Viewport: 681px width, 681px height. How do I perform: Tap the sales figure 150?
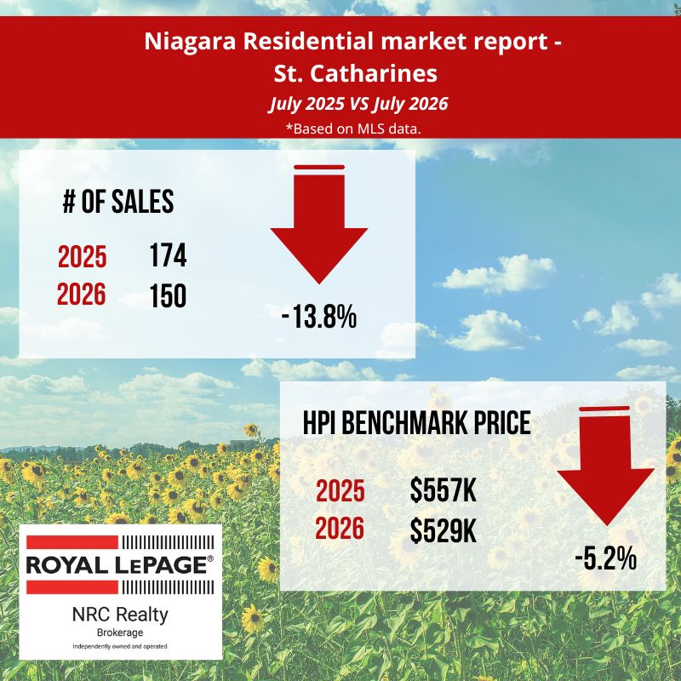tap(168, 295)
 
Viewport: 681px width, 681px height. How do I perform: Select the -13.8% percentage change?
tap(319, 317)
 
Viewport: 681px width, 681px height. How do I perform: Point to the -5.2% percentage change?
tap(606, 558)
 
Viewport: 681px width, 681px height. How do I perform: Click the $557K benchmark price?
tap(443, 490)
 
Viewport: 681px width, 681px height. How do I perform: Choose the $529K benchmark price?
tap(443, 530)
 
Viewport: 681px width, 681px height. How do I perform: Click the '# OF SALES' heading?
tap(118, 202)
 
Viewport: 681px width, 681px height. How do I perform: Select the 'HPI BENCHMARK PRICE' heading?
tap(416, 422)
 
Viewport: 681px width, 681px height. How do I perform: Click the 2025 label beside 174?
tap(82, 257)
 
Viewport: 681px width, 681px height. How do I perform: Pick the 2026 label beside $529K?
tap(340, 529)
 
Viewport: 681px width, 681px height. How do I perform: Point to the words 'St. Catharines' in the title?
tap(355, 74)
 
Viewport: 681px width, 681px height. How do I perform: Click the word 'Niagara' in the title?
tap(190, 42)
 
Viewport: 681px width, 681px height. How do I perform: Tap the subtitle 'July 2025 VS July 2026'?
tap(358, 104)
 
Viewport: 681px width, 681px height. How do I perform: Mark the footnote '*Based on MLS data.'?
tap(353, 129)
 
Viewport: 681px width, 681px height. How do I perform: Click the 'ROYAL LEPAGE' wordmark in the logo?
tap(120, 564)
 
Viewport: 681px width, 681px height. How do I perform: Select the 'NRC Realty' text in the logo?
tap(120, 615)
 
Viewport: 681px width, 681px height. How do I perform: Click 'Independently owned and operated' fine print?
tap(120, 647)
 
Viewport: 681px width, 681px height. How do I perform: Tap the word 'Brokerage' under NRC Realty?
tap(120, 632)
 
